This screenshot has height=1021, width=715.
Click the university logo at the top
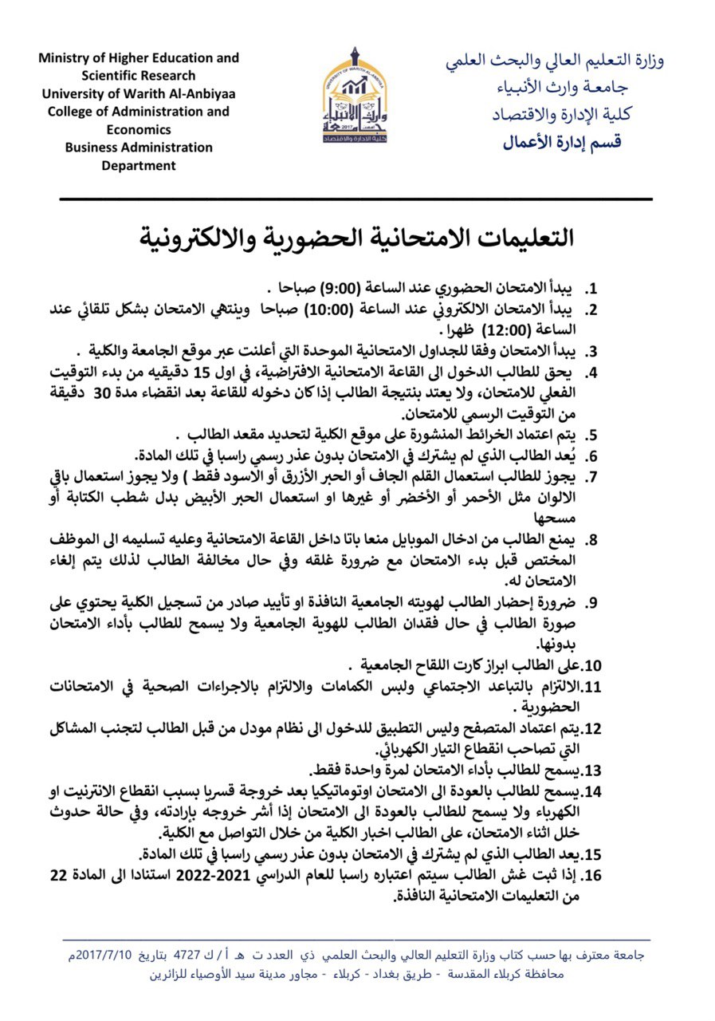point(357,96)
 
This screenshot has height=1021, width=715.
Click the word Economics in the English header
point(139,129)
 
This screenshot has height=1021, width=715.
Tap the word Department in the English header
point(139,166)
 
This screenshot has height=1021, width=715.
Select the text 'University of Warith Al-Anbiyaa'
point(139,93)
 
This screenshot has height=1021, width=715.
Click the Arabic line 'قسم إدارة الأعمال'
point(561,143)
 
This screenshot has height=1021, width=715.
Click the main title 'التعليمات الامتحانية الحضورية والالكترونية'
point(356,237)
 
